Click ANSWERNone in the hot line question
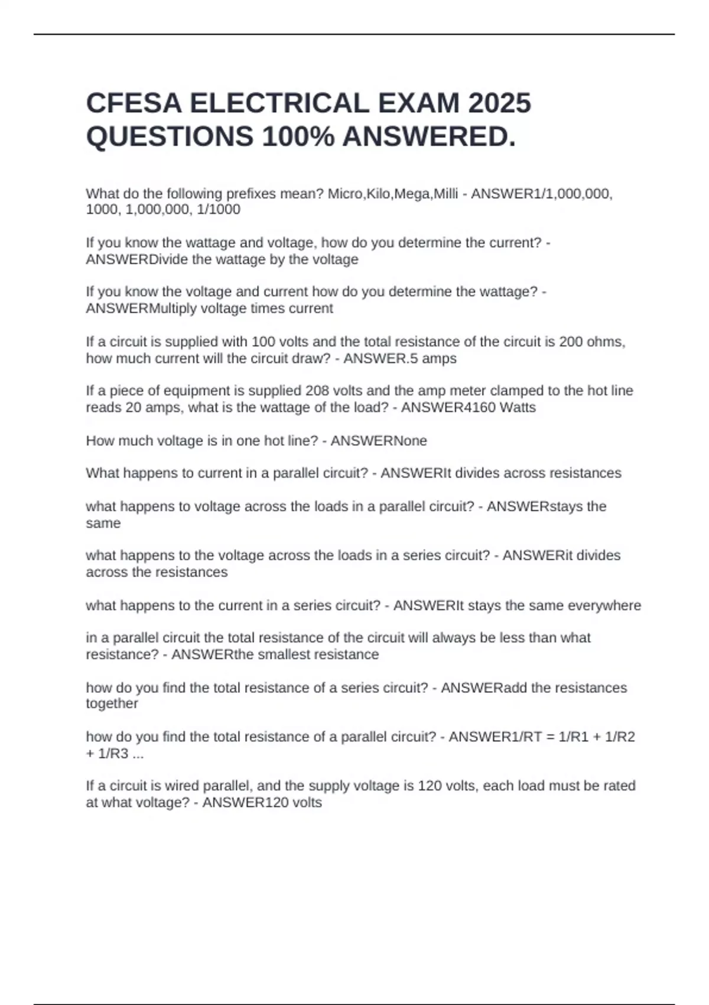379,440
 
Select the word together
112,703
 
